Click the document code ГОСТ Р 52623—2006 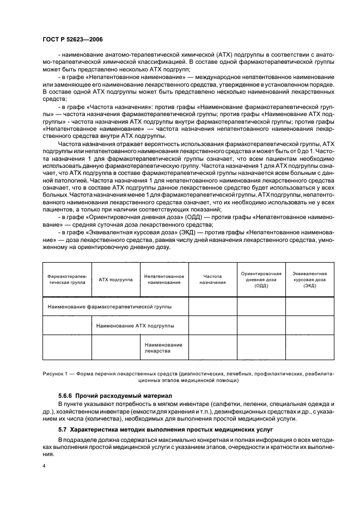point(72,40)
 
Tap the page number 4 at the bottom point(44,466)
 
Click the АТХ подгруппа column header point(115,280)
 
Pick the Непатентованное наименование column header point(163,280)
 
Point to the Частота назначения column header point(212,280)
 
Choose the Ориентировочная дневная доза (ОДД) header point(260,280)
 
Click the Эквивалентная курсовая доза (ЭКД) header point(309,280)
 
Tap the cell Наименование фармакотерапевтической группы point(109,307)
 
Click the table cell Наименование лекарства point(163,348)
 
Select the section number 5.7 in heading point(63,430)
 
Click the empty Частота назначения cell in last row point(212,348)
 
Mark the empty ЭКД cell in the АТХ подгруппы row point(309,325)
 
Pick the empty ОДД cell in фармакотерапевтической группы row point(260,307)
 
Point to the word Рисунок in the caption point(53,374)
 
